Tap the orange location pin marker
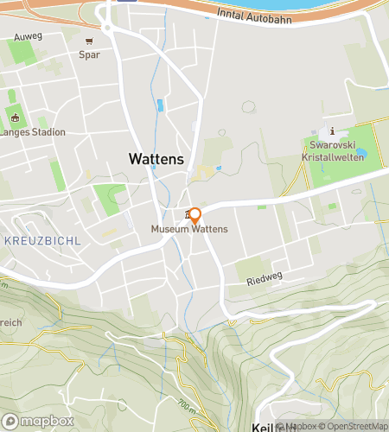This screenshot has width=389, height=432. tap(194, 215)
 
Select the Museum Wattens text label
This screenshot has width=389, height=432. tap(189, 229)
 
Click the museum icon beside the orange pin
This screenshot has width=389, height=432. tap(186, 214)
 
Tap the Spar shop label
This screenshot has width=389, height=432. tap(89, 54)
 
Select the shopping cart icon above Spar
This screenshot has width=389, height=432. tap(89, 41)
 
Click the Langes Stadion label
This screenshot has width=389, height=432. tap(32, 132)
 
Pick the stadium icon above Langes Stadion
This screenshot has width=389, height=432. tap(15, 118)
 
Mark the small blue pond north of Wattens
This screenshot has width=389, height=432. tap(159, 106)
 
